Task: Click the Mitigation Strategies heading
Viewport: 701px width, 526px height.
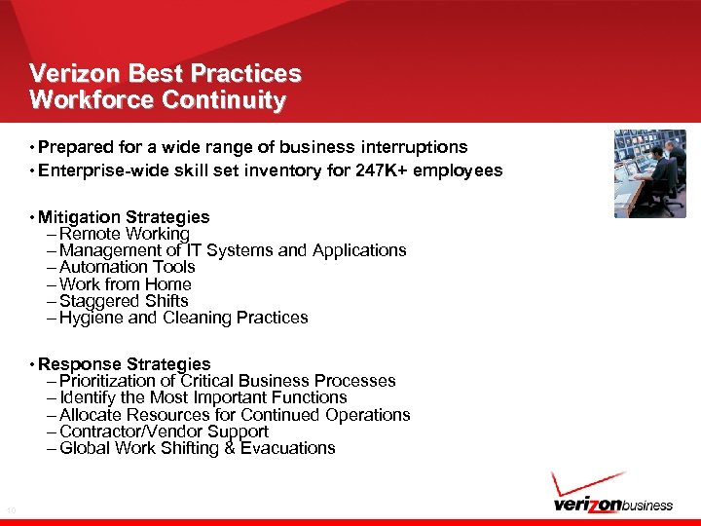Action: point(125,217)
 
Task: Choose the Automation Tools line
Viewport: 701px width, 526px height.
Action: point(127,267)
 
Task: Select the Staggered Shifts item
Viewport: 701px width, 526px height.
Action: point(124,301)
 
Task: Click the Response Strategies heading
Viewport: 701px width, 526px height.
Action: point(125,364)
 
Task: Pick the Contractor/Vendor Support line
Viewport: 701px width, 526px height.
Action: point(164,432)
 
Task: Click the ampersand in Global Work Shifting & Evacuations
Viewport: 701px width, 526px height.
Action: point(230,448)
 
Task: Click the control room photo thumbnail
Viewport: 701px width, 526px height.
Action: point(649,173)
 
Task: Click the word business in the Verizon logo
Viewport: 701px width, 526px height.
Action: point(646,505)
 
